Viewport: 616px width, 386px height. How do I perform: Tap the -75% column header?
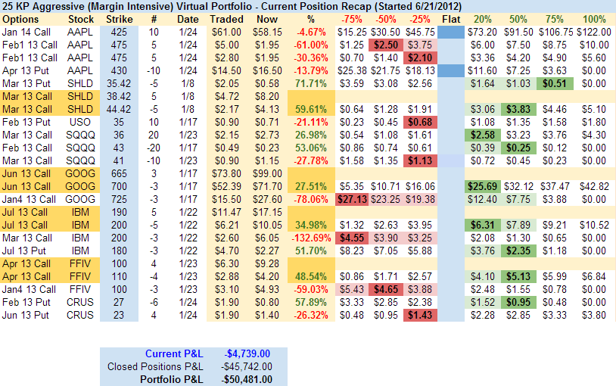tap(350, 18)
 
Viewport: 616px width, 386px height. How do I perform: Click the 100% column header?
tap(595, 18)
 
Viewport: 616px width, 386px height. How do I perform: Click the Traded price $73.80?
tap(226, 173)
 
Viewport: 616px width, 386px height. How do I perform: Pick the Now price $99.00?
tap(267, 173)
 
